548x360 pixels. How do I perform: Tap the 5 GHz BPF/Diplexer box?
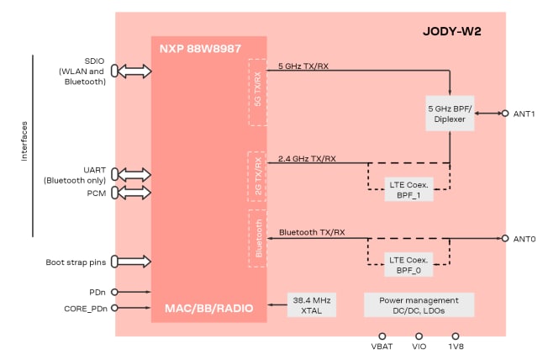[451, 114]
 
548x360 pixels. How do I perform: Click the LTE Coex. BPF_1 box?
[410, 188]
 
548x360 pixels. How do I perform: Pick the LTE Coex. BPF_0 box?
[410, 265]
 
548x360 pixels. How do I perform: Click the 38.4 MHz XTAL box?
[311, 304]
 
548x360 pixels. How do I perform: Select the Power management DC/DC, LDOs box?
[419, 304]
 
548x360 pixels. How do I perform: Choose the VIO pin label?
[419, 347]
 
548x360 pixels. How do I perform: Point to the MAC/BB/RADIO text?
[209, 309]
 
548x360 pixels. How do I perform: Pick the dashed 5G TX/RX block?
[257, 92]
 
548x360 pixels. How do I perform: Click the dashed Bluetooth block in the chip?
[257, 239]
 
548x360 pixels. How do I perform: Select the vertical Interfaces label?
[24, 145]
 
